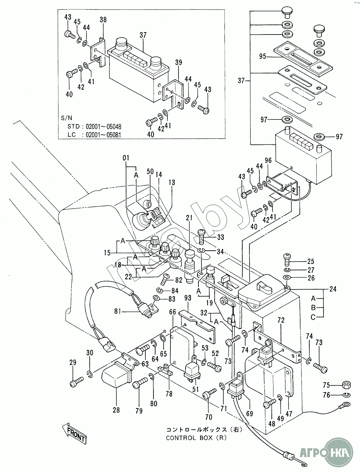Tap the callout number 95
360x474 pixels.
point(263,57)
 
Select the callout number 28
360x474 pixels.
point(116,410)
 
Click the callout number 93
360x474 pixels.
point(188,297)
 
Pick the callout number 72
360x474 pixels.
point(281,319)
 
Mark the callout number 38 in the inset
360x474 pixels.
point(103,20)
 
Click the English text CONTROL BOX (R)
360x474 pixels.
point(196,437)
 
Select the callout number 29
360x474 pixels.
point(73,362)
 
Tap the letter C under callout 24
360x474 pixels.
point(313,317)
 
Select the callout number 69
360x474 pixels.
point(249,413)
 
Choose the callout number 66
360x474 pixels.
point(172,312)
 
